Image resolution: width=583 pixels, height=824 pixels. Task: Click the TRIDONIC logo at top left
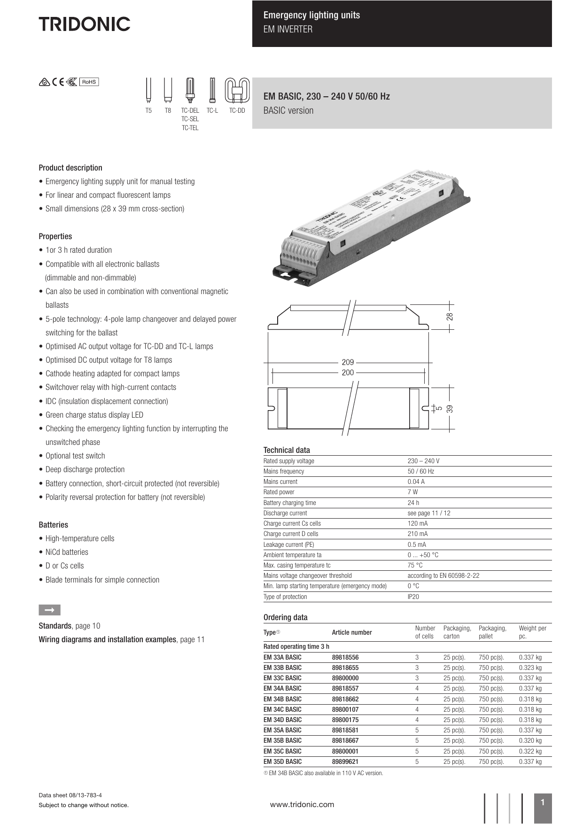tap(85, 24)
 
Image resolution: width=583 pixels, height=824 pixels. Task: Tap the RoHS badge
tap(89, 82)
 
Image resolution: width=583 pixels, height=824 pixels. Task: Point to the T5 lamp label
tap(148, 111)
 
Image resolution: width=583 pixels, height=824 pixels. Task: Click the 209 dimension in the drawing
tap(348, 362)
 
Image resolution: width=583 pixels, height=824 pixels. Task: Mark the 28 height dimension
tap(450, 317)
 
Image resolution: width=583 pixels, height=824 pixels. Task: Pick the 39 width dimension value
tap(450, 409)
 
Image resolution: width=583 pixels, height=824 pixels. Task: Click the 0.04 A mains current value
tap(416, 482)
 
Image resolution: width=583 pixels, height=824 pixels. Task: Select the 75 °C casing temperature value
tap(415, 565)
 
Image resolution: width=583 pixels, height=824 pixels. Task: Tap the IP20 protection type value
tap(413, 597)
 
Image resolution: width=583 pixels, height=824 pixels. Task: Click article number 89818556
tap(345, 657)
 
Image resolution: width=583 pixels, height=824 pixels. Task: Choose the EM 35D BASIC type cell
tap(282, 762)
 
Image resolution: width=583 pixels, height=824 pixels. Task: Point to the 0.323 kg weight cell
tap(530, 668)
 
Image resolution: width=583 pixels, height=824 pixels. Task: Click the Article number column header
tap(351, 632)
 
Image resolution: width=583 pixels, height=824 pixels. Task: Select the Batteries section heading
tap(53, 525)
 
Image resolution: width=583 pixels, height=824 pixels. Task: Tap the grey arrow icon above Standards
tap(49, 610)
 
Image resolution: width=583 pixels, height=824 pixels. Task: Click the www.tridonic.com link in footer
tap(302, 804)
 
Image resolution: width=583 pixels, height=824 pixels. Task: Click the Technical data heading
tap(287, 450)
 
